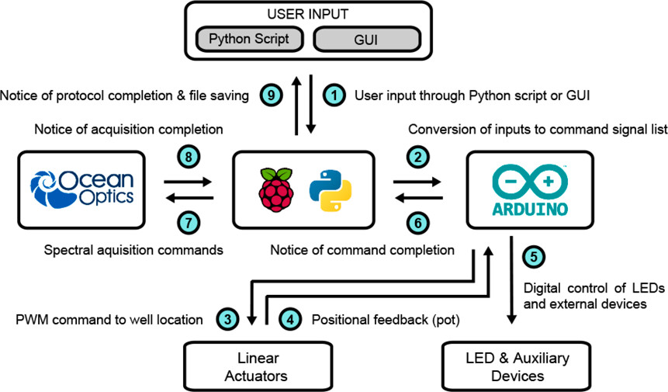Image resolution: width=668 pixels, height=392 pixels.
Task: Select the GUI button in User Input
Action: coord(365,39)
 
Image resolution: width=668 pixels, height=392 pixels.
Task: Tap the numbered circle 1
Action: coord(334,95)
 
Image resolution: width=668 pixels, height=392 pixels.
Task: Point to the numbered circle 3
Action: coord(227,318)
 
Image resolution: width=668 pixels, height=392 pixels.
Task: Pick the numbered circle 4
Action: coord(289,318)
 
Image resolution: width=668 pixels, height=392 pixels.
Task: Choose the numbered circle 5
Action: coord(532,255)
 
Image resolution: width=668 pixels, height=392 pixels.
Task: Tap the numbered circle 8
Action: coord(190,156)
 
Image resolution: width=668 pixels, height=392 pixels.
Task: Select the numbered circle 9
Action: coord(270,95)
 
